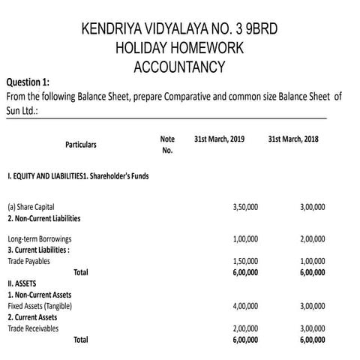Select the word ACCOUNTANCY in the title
pyautogui.click(x=179, y=67)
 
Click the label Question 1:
pyautogui.click(x=28, y=82)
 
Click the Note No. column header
pyautogui.click(x=167, y=144)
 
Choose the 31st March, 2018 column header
pyautogui.click(x=293, y=139)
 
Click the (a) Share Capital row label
pyautogui.click(x=31, y=206)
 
